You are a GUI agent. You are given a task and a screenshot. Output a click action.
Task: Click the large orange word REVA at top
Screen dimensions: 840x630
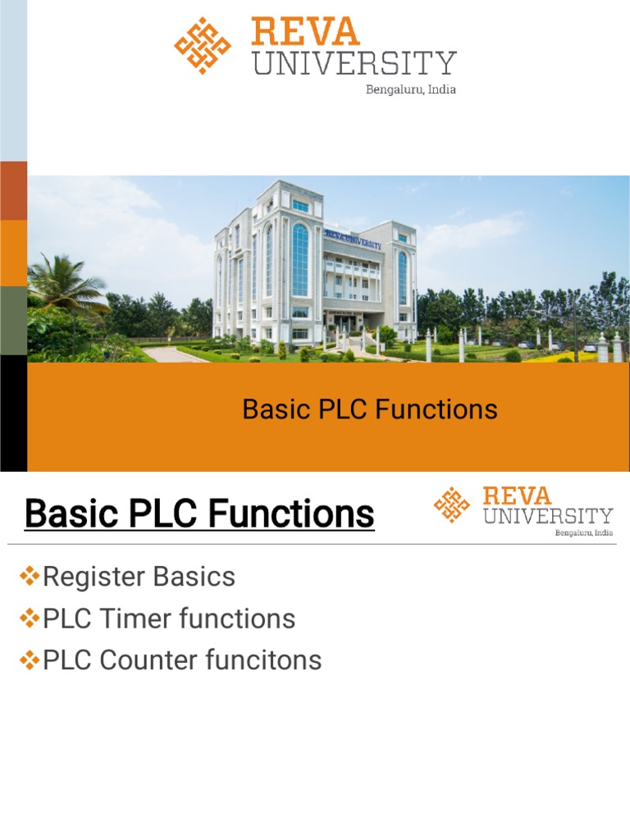[x=305, y=32]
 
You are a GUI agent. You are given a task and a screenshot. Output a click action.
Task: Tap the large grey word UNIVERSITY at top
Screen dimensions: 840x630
[x=354, y=64]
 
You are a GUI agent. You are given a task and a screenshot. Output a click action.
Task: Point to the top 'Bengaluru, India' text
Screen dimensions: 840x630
[x=410, y=89]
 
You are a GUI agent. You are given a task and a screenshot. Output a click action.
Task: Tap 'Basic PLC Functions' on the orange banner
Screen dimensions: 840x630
[x=370, y=409]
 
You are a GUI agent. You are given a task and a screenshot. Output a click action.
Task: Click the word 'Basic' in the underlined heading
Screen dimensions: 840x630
[x=69, y=514]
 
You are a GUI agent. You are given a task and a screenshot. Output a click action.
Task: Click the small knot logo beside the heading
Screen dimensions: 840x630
[x=452, y=504]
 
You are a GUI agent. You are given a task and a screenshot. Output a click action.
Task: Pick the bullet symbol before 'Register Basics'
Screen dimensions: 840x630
[x=30, y=577]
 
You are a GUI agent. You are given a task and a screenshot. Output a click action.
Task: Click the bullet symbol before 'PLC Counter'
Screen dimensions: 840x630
[x=30, y=660]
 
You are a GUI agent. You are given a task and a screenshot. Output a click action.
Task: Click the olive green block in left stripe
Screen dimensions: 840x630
[x=13, y=320]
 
